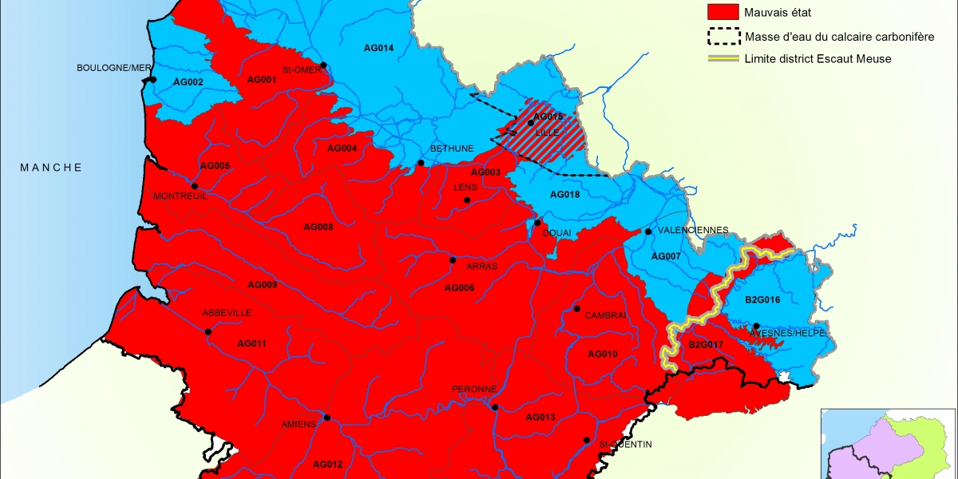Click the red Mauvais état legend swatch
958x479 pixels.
[x=722, y=13]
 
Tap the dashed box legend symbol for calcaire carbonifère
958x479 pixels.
[x=722, y=36]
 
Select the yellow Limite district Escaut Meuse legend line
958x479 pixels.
[x=722, y=58]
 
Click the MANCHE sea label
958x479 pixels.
[x=51, y=168]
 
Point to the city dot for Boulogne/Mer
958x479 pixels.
[x=152, y=80]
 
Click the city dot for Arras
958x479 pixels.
[x=453, y=260]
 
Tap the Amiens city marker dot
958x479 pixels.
[x=327, y=418]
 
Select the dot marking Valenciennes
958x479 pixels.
[x=648, y=232]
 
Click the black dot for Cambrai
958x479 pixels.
[x=576, y=309]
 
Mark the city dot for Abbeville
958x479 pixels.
[x=208, y=332]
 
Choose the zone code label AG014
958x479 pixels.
[x=378, y=48]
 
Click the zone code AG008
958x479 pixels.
[x=319, y=228]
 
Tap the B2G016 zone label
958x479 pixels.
[x=762, y=300]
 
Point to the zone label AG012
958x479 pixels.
[x=327, y=464]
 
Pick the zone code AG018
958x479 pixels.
[x=565, y=195]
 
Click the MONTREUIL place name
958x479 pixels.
[x=180, y=196]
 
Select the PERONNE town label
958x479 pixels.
[x=474, y=389]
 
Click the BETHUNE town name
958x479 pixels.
[x=452, y=148]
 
